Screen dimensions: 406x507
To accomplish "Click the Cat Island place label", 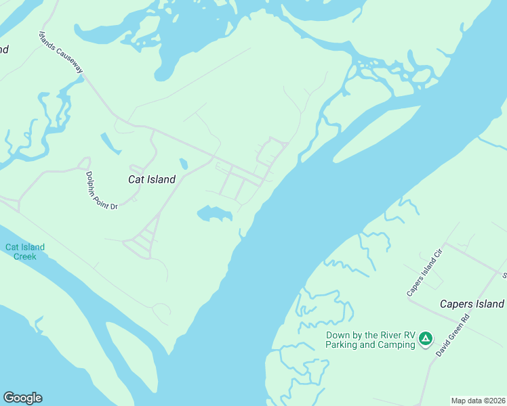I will pos(152,179).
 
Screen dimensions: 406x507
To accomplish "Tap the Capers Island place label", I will pos(472,304).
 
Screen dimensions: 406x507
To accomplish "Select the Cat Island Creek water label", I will pos(25,252).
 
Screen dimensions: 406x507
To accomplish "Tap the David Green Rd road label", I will pos(453,335).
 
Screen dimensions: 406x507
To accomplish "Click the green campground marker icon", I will pos(425,338).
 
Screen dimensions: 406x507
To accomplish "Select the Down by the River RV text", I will pos(370,335).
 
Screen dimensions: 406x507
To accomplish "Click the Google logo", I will pos(22,398).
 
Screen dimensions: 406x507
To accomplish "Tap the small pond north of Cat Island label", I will pos(184,164).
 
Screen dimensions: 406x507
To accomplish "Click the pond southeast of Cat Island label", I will pos(215,215).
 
